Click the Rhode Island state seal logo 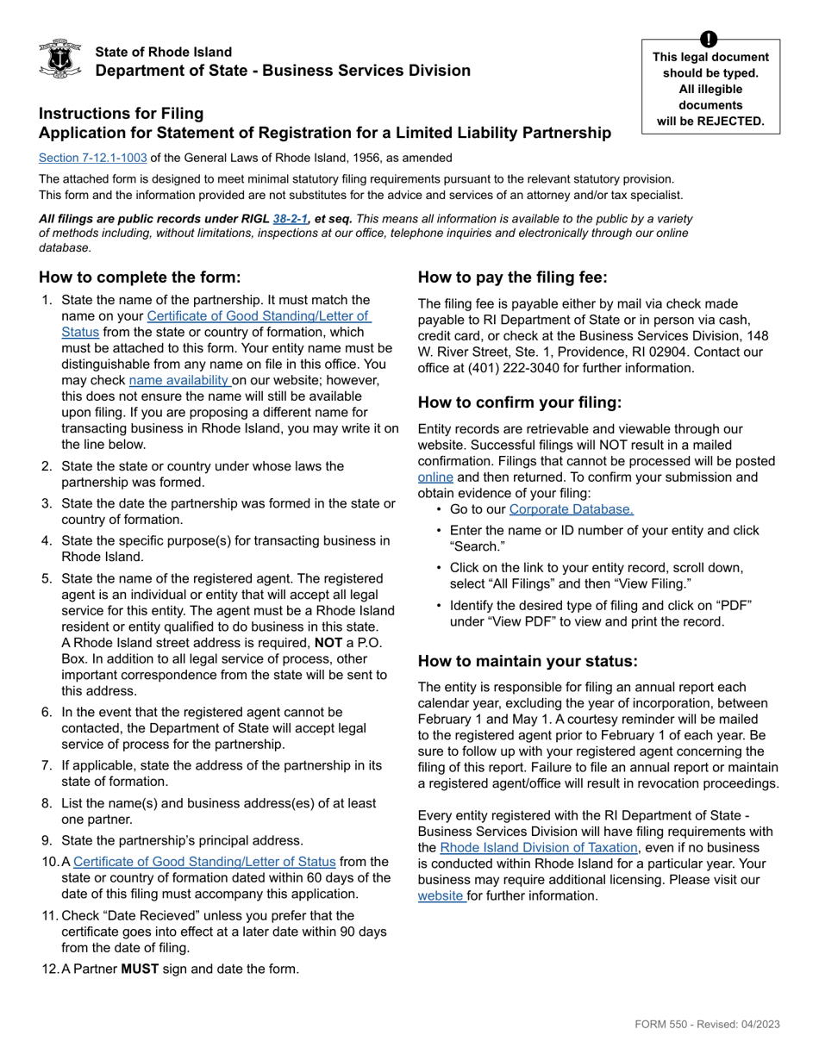tap(60, 59)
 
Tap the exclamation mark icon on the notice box tap(709, 39)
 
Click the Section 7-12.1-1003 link tap(92, 158)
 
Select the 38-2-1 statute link tap(291, 219)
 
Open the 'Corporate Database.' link tap(571, 509)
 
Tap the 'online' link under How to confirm tap(435, 477)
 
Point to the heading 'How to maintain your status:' tap(528, 661)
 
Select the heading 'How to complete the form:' tap(140, 277)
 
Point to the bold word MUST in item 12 tap(140, 969)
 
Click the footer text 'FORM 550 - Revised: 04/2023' tap(707, 1024)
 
